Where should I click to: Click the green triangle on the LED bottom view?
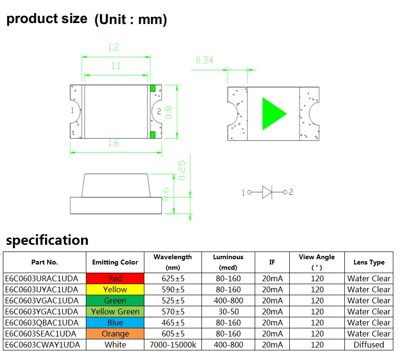(x=272, y=114)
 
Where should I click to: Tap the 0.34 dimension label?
(x=204, y=60)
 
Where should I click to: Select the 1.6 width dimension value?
(x=114, y=143)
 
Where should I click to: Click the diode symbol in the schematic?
(x=267, y=192)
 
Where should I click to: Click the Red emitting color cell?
(x=115, y=278)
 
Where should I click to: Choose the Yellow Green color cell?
(x=115, y=312)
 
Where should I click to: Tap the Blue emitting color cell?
(x=115, y=323)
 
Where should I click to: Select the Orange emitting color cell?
(x=115, y=334)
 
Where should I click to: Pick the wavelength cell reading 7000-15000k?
(x=173, y=345)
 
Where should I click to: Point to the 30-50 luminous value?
(x=228, y=312)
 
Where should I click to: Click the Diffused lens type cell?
(x=369, y=345)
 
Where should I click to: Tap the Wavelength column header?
(x=173, y=262)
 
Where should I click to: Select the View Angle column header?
(x=317, y=262)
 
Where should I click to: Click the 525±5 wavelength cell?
(x=173, y=300)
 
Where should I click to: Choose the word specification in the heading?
(x=47, y=240)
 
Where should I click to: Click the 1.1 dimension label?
(x=116, y=66)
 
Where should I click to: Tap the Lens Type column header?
(x=369, y=262)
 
